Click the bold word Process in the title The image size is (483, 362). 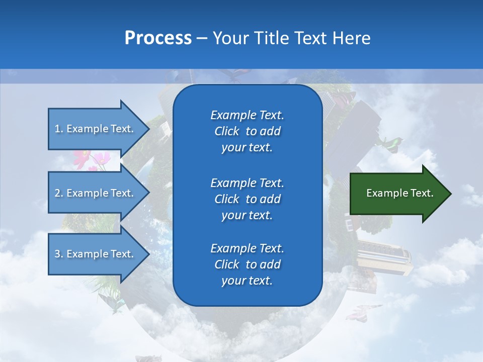pos(158,38)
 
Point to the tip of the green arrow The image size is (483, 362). pos(450,194)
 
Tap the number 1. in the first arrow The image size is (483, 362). pos(59,129)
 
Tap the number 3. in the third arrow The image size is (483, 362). pos(59,254)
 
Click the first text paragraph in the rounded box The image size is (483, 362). pos(247,131)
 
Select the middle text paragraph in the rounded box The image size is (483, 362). pos(247,199)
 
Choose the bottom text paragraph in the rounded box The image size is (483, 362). pos(247,264)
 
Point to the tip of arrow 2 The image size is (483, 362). pos(148,193)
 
